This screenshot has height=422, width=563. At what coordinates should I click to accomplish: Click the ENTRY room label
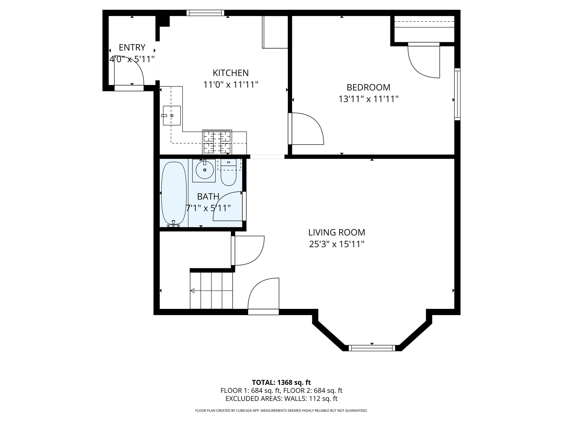coord(132,48)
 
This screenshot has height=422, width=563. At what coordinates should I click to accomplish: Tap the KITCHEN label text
coord(231,73)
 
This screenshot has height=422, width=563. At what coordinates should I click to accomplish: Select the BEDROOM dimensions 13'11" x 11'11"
coord(368,99)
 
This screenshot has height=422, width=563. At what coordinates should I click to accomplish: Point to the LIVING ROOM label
coord(336,232)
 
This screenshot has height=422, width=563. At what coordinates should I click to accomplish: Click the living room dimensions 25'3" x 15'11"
coord(336,244)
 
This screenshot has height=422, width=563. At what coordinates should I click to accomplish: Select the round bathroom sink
coord(205,170)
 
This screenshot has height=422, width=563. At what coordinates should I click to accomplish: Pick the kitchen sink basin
coord(172,115)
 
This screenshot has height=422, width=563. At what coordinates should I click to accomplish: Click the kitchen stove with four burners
coord(217,142)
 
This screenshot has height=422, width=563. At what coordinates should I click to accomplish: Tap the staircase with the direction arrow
coord(211,290)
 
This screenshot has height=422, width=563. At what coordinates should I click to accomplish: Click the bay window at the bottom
coord(372,348)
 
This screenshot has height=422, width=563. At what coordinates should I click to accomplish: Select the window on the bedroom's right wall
coord(457,94)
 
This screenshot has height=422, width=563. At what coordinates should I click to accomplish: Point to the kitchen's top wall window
coord(205,13)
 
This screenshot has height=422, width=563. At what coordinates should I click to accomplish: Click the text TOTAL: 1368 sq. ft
coord(281,382)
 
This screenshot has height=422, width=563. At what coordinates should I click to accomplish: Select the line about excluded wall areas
coord(281,398)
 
